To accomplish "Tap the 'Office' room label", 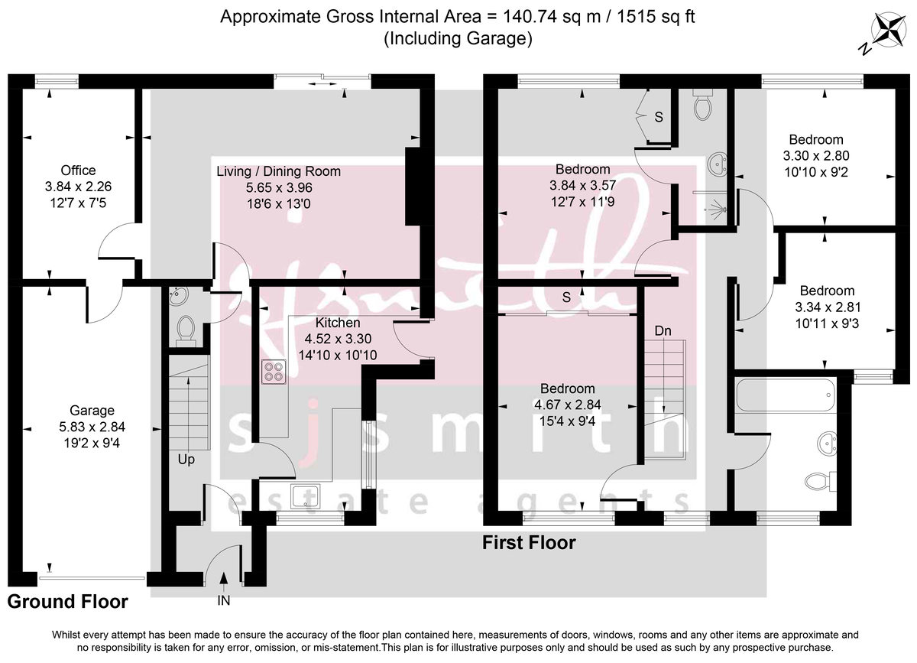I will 79,171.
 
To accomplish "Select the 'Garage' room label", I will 92,411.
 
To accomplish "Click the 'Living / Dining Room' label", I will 278,171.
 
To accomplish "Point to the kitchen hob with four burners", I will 273,371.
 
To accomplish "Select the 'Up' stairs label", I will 186,460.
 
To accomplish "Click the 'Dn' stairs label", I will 663,330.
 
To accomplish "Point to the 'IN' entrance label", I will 223,601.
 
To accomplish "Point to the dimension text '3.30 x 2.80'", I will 816,156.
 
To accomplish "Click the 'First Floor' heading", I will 528,543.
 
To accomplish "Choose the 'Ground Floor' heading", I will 67,602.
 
